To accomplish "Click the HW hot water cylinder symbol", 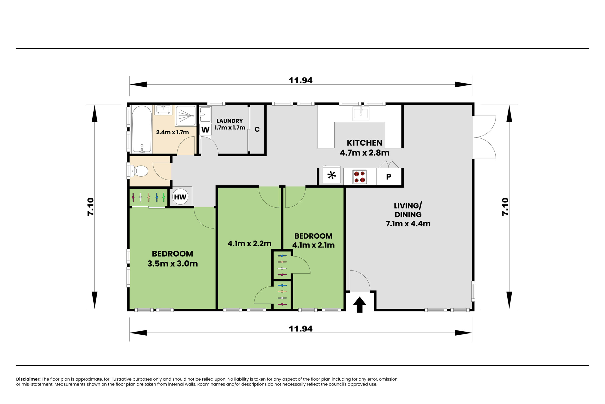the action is [x=180, y=197].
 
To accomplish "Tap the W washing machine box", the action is [x=205, y=129].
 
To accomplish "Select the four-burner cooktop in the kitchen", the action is [x=359, y=177].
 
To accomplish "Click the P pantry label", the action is [x=389, y=177].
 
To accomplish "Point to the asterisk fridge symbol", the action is [x=331, y=175].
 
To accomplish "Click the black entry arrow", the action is [x=359, y=305].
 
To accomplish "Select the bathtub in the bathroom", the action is [x=142, y=129].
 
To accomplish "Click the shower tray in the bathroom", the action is [x=186, y=115].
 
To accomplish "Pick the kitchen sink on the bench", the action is [x=361, y=113].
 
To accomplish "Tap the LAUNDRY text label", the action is [x=229, y=121].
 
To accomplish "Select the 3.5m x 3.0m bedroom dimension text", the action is [x=172, y=264].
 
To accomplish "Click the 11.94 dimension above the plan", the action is [x=300, y=80].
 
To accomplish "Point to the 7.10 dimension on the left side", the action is [x=91, y=207].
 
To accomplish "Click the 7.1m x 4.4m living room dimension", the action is [x=408, y=223].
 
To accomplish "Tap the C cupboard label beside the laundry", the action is [x=257, y=129].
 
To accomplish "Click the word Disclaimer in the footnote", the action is [x=28, y=379].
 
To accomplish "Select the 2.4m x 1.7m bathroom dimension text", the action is [x=172, y=132].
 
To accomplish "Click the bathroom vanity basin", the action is [x=163, y=110].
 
